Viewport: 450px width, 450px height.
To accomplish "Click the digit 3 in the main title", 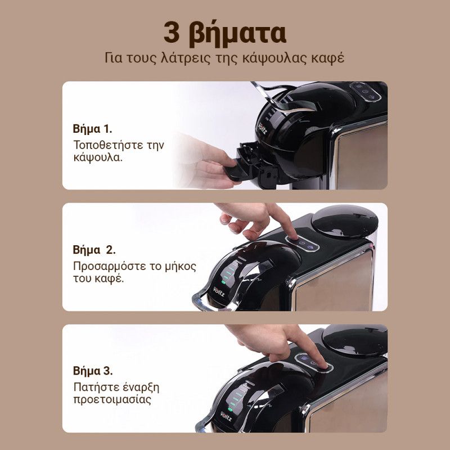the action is (172, 33).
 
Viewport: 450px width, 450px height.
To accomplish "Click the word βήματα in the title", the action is (237, 34).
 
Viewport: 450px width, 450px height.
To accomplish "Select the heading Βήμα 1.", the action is (92, 129).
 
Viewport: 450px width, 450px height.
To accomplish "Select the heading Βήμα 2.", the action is (94, 250).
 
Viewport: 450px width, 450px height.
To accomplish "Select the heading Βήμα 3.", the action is (93, 371).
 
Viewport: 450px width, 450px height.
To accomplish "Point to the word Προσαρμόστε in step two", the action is (109, 266).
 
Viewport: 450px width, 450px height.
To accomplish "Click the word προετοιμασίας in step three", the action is (112, 400).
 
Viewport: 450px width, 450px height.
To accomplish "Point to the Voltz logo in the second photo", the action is (219, 291).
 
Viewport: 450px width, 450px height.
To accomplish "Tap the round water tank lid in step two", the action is (344, 221).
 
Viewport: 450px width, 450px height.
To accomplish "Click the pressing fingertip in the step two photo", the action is (292, 235).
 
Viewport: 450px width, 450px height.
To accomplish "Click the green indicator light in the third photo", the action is (230, 409).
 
